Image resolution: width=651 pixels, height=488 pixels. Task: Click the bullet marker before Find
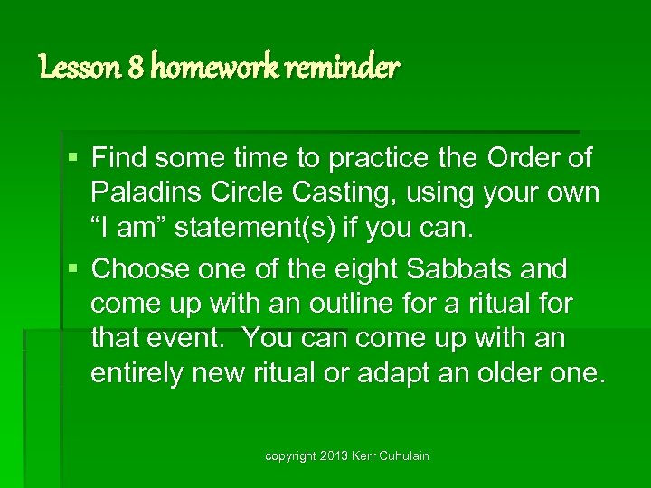pos(75,159)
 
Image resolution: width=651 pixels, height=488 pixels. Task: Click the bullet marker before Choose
pos(75,269)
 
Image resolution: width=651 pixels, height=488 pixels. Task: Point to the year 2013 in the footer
pos(335,456)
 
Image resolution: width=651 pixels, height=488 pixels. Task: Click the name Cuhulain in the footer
pos(400,456)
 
